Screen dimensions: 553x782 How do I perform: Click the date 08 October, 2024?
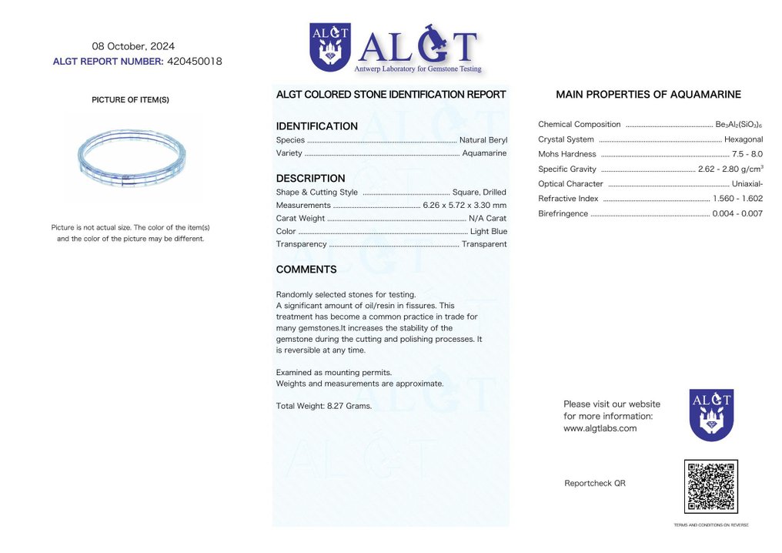(133, 46)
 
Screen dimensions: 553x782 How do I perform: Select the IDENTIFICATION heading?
(316, 126)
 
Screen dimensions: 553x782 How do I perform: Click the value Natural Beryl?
(483, 140)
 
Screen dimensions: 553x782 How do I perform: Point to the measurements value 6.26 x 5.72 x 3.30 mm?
(464, 205)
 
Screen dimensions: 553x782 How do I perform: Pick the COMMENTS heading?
(306, 270)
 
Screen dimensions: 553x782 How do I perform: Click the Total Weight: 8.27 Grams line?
(323, 406)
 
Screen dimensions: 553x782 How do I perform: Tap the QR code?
(710, 487)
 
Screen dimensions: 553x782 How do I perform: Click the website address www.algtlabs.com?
(600, 428)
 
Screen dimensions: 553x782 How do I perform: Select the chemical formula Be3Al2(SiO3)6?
(738, 125)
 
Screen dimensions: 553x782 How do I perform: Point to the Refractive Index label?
(568, 199)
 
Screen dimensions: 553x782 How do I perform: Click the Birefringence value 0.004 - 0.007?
(737, 213)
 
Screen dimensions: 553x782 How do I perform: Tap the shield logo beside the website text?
(710, 414)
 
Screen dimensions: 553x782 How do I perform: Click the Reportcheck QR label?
(594, 484)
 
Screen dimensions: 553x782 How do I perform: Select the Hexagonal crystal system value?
(743, 139)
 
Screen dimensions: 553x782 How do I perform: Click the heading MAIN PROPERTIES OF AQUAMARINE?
(648, 95)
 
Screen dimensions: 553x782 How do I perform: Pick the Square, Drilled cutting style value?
(480, 193)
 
